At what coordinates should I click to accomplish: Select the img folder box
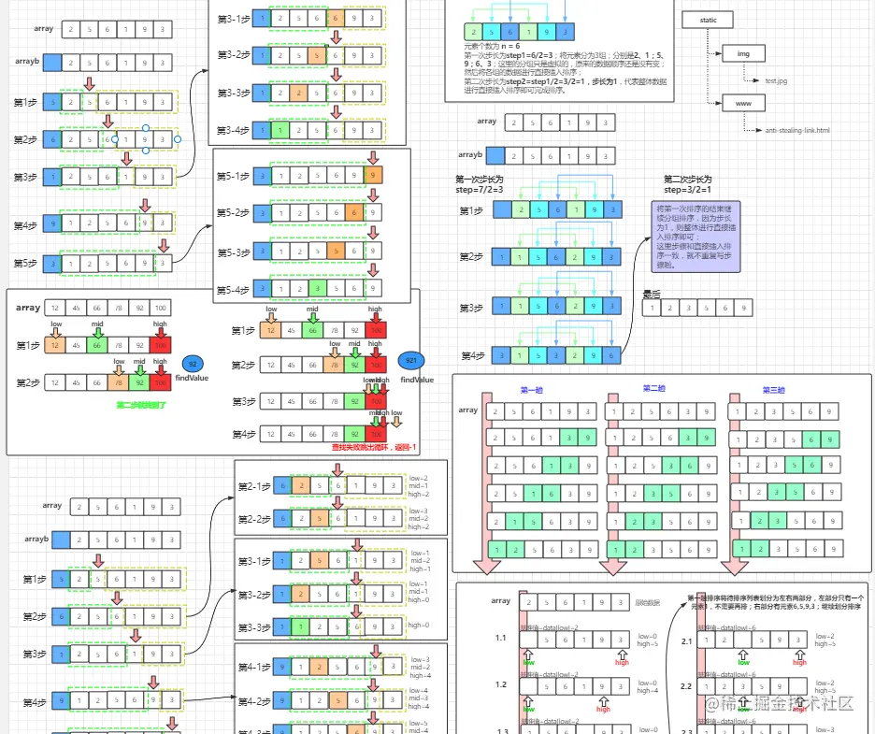click(x=744, y=53)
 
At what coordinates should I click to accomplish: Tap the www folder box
click(x=744, y=103)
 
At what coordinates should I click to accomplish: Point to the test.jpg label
click(x=777, y=81)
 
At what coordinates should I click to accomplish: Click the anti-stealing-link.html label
click(x=797, y=131)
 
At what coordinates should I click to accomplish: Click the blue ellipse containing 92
click(x=194, y=364)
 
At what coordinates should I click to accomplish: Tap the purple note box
click(x=696, y=237)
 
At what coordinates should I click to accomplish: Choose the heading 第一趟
click(x=531, y=390)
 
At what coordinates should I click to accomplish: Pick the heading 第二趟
click(x=653, y=389)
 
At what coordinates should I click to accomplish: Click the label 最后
click(x=651, y=295)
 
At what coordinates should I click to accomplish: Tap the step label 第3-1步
click(x=233, y=19)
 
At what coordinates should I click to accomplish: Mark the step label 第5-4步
click(x=233, y=289)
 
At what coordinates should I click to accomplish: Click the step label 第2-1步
click(x=253, y=486)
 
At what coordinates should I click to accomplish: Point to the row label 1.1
click(x=501, y=638)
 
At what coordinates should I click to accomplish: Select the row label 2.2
click(x=685, y=685)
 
